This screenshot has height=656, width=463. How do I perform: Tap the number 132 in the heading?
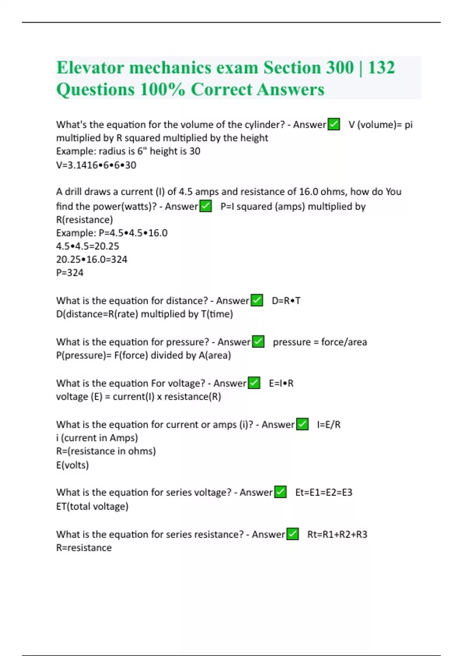[381, 68]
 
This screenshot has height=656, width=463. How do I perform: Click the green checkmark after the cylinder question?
[334, 124]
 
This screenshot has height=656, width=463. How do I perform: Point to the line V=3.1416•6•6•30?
[96, 165]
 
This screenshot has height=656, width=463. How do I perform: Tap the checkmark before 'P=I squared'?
[206, 206]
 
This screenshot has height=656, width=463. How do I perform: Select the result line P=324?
[70, 273]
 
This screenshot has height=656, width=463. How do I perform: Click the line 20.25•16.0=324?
[91, 259]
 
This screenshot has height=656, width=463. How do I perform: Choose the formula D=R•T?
[286, 301]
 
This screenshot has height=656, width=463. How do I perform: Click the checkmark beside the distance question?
[257, 300]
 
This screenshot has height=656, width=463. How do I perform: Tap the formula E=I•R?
[281, 383]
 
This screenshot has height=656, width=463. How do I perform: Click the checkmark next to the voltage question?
[254, 383]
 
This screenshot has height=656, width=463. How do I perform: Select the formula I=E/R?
[329, 424]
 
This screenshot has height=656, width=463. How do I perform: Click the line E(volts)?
[73, 465]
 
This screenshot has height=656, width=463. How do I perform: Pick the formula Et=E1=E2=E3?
[324, 492]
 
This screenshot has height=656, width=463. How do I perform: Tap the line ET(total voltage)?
[92, 506]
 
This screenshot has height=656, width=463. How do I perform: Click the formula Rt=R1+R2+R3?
[337, 534]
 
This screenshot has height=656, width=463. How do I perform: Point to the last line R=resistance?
[84, 548]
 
